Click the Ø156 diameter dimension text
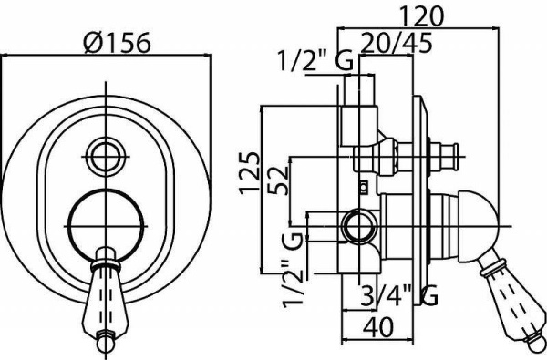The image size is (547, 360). [118, 43]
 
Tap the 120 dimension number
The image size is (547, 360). [421, 16]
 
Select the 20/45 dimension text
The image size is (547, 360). [396, 43]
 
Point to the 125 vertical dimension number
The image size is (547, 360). [250, 173]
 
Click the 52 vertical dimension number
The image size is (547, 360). [278, 180]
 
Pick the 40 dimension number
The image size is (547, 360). [378, 327]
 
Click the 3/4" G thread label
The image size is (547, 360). [398, 295]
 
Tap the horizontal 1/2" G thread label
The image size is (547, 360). [315, 61]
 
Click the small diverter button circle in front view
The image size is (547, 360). [106, 156]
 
